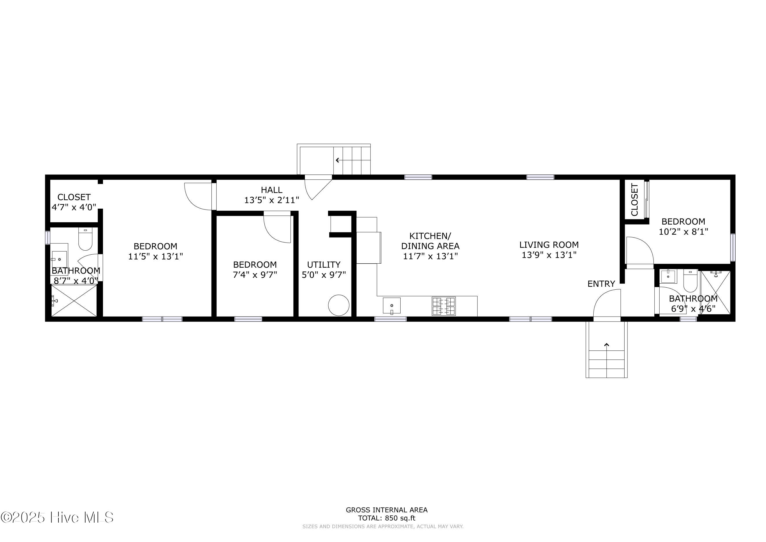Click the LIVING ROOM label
tap(549, 245)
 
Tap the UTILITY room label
tap(324, 265)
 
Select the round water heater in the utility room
tap(339, 305)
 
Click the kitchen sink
tap(392, 305)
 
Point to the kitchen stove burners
tap(444, 306)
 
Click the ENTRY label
tap(601, 284)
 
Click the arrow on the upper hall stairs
tap(338, 160)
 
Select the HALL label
tap(272, 190)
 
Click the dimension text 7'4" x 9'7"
tap(255, 275)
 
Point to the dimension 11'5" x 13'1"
tap(155, 256)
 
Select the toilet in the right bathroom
tap(690, 281)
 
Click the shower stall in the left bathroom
tap(74, 300)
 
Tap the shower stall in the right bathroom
tap(715, 292)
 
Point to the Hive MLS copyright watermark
tap(57, 517)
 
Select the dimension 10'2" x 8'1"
tap(683, 232)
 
